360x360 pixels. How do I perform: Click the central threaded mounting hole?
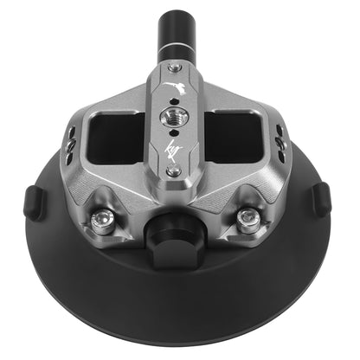click(177, 113)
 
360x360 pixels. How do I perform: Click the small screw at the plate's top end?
click(177, 67)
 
